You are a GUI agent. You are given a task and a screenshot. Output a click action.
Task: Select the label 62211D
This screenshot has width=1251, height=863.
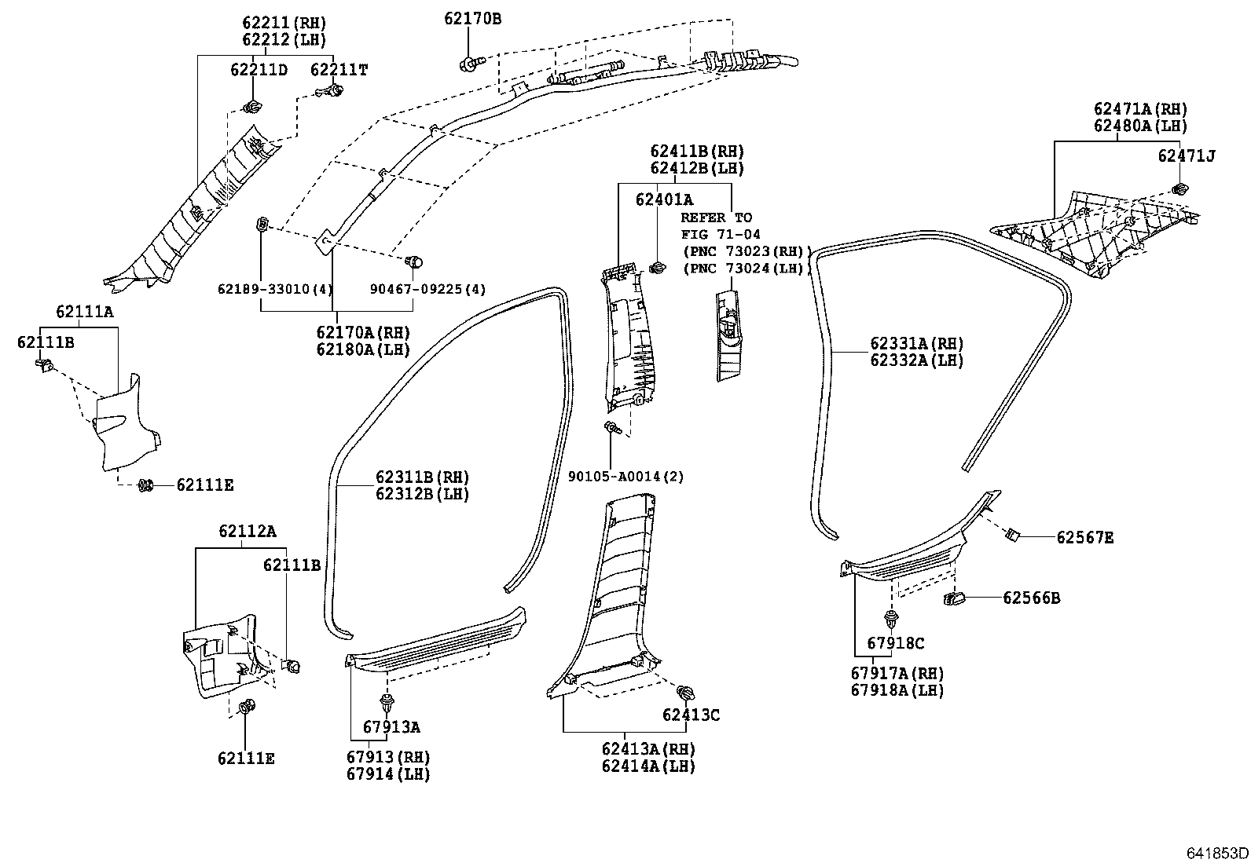259,70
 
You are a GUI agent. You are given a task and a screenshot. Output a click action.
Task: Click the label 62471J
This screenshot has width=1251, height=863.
1186,155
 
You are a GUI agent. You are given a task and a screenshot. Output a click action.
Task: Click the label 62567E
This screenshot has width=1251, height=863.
1084,537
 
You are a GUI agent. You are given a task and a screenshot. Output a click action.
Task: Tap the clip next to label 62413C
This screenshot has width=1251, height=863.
685,693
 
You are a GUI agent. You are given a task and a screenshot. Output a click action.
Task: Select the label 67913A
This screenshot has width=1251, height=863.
391,727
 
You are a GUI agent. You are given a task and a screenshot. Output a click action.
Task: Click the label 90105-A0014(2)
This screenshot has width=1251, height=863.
625,476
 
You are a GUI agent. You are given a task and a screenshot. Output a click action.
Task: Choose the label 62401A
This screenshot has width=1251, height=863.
664,200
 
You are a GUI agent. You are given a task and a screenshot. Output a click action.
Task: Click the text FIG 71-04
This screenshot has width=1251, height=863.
720,234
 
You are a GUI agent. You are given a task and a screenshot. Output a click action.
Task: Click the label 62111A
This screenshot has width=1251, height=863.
84,312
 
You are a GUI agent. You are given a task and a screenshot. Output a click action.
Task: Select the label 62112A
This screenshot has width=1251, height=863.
247,532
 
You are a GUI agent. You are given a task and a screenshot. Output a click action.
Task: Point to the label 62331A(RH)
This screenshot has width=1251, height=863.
916,343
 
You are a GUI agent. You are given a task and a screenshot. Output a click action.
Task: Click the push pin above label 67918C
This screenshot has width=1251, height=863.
890,619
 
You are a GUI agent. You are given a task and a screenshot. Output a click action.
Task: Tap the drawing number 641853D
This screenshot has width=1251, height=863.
1217,853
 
